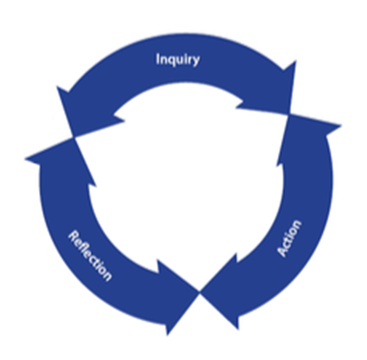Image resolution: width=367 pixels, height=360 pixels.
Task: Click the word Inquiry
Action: click(x=178, y=59)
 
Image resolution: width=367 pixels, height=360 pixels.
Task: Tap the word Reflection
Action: click(x=90, y=256)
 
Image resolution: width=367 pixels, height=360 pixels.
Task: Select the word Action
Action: click(x=289, y=238)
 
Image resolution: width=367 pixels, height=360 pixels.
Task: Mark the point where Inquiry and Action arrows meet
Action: click(x=289, y=114)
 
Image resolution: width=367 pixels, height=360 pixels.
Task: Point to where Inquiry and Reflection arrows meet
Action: click(x=74, y=137)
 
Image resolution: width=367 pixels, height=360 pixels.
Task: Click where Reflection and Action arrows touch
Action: click(x=200, y=292)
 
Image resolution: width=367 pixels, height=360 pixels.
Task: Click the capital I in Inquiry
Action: click(x=158, y=59)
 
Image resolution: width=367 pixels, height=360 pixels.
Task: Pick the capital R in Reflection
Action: click(x=72, y=235)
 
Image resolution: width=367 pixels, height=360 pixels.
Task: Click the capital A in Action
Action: click(x=283, y=251)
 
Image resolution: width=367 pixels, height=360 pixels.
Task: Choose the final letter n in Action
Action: click(x=297, y=224)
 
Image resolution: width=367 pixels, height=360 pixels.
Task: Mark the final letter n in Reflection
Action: click(x=107, y=276)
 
